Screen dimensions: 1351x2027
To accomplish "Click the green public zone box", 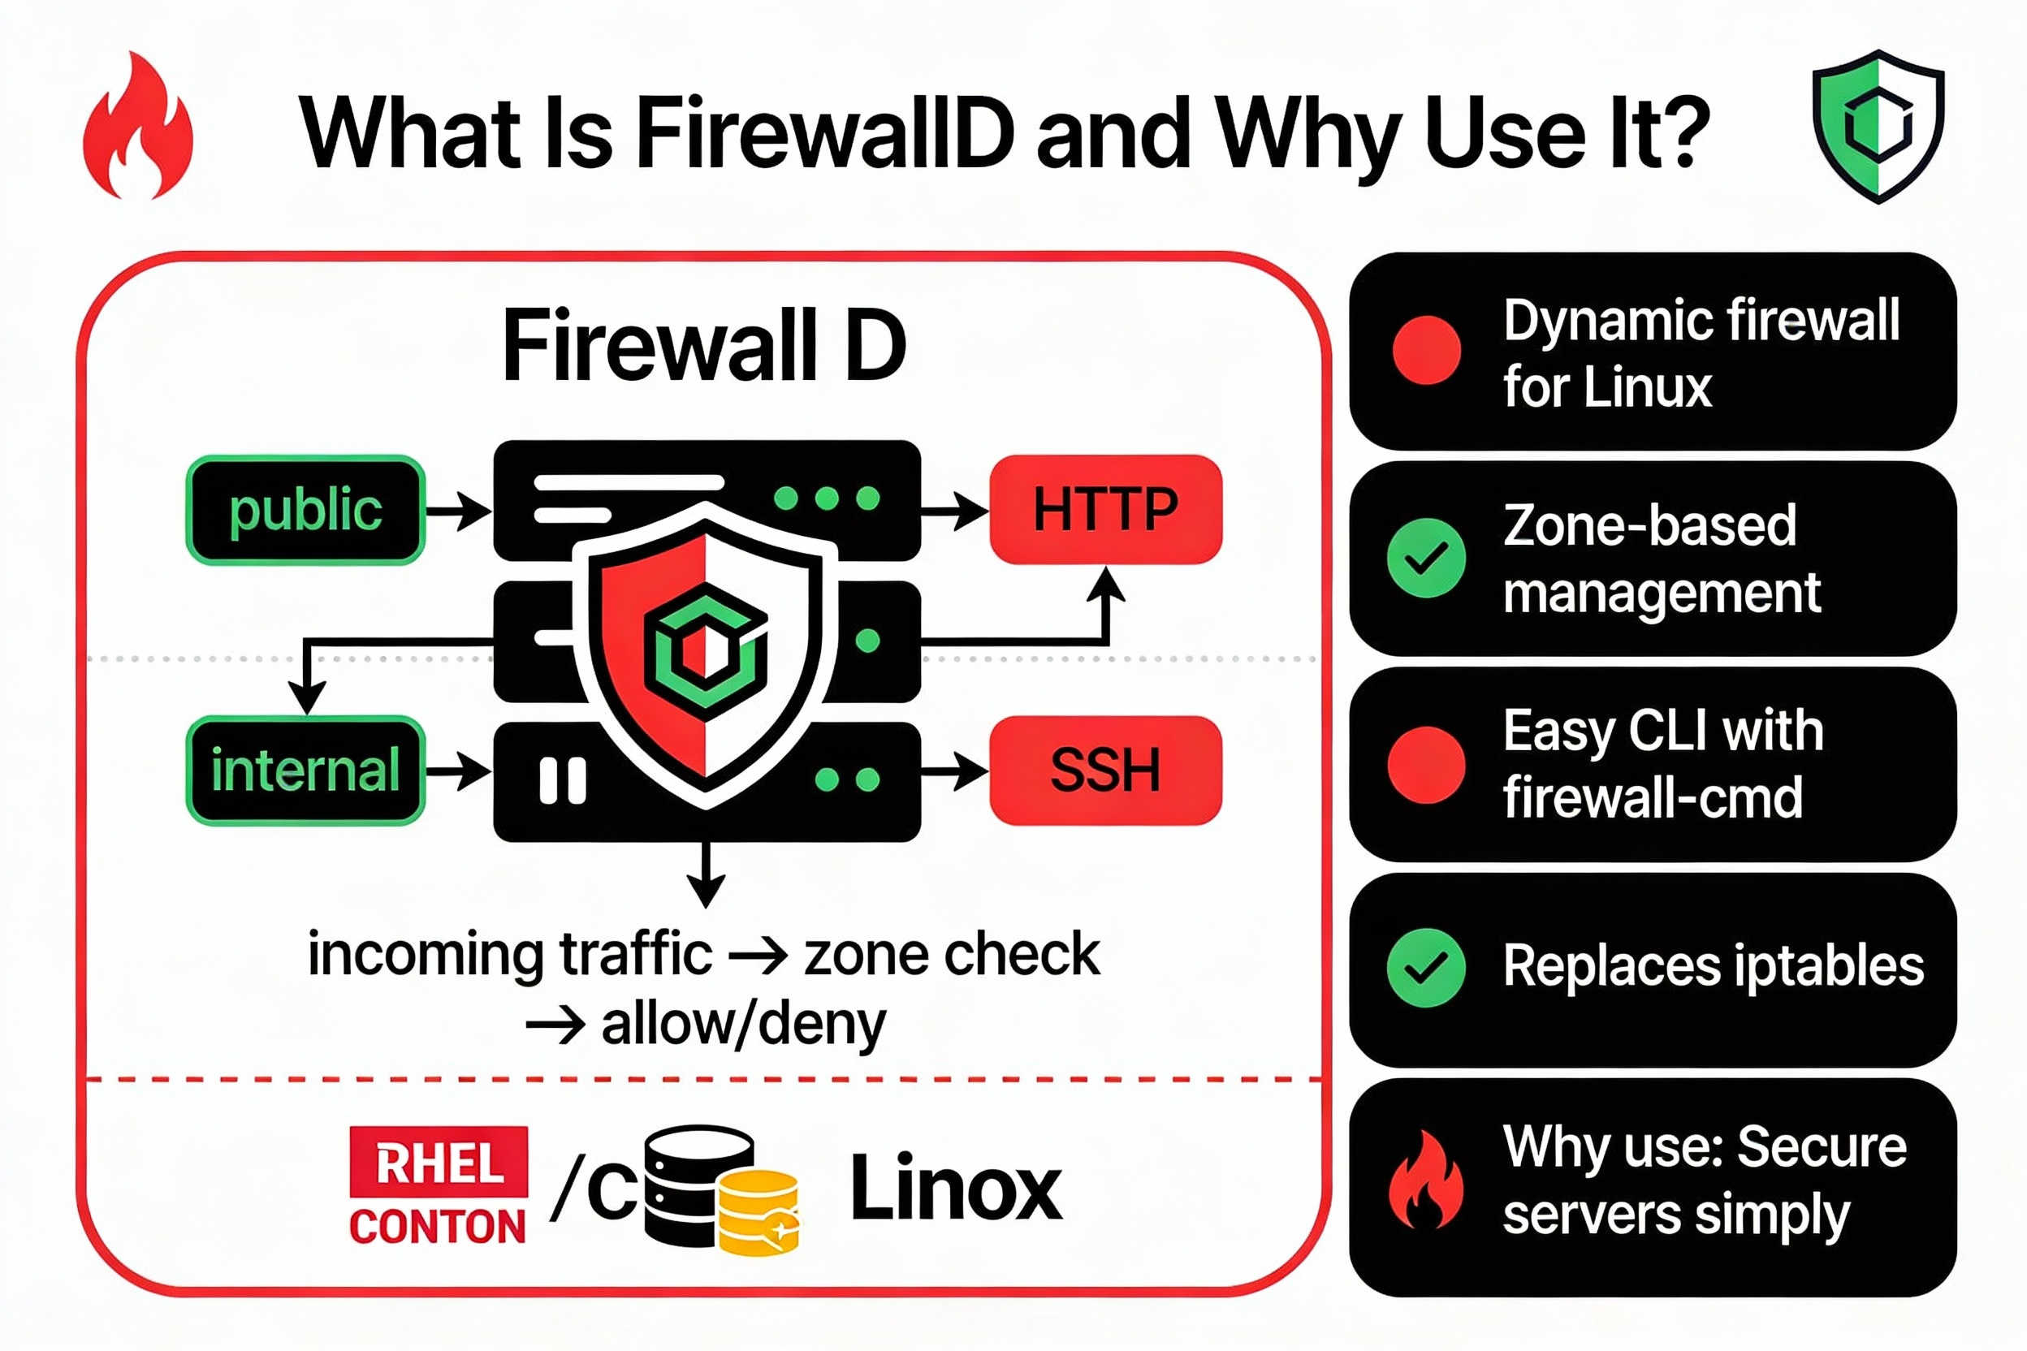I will [x=305, y=510].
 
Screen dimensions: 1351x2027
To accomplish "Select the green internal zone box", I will [x=305, y=770].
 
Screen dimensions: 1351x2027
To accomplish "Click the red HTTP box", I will [x=1106, y=510].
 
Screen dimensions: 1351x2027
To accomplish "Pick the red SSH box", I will [x=1106, y=770].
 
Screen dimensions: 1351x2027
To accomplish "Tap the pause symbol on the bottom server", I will [x=563, y=780].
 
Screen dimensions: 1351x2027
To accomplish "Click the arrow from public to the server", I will [x=458, y=511].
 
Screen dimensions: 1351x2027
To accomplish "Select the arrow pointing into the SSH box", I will [x=955, y=770].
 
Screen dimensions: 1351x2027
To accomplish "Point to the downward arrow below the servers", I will [x=706, y=874].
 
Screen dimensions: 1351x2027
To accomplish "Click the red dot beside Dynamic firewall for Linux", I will [x=1426, y=350].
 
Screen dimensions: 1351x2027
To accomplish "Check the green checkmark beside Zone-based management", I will [x=1426, y=559].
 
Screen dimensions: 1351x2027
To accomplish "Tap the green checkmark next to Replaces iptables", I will [x=1426, y=968].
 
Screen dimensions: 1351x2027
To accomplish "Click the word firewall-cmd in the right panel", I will [x=1652, y=798].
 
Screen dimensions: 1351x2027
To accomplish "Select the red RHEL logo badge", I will [x=439, y=1162].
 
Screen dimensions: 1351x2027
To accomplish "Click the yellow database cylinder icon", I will [x=759, y=1212].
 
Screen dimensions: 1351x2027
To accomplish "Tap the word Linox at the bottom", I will [x=956, y=1189].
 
